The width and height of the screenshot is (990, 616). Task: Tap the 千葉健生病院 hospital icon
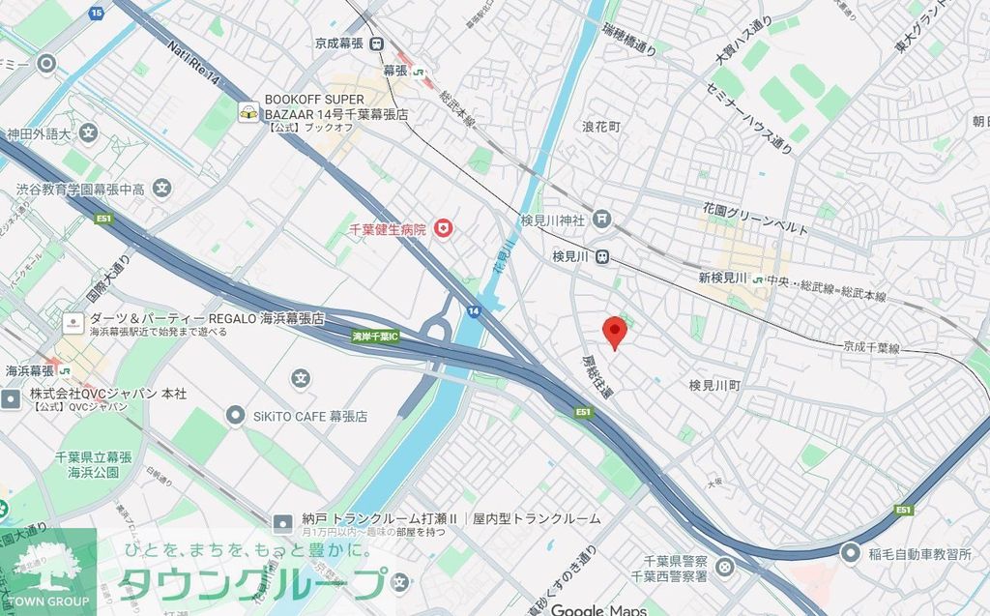(x=444, y=228)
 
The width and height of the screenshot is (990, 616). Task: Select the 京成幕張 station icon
(x=376, y=44)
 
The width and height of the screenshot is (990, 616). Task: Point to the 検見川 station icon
(x=601, y=257)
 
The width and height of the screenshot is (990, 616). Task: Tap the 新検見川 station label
(x=722, y=279)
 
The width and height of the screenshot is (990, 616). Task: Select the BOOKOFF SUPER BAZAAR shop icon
(x=248, y=113)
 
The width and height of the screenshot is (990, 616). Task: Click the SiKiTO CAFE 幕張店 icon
(x=234, y=416)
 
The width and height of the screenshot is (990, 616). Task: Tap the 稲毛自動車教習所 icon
(x=850, y=553)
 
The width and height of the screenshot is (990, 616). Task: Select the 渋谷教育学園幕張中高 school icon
(x=161, y=188)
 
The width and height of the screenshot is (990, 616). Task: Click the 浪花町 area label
(x=600, y=127)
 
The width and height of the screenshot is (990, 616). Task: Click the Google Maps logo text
(x=597, y=609)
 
